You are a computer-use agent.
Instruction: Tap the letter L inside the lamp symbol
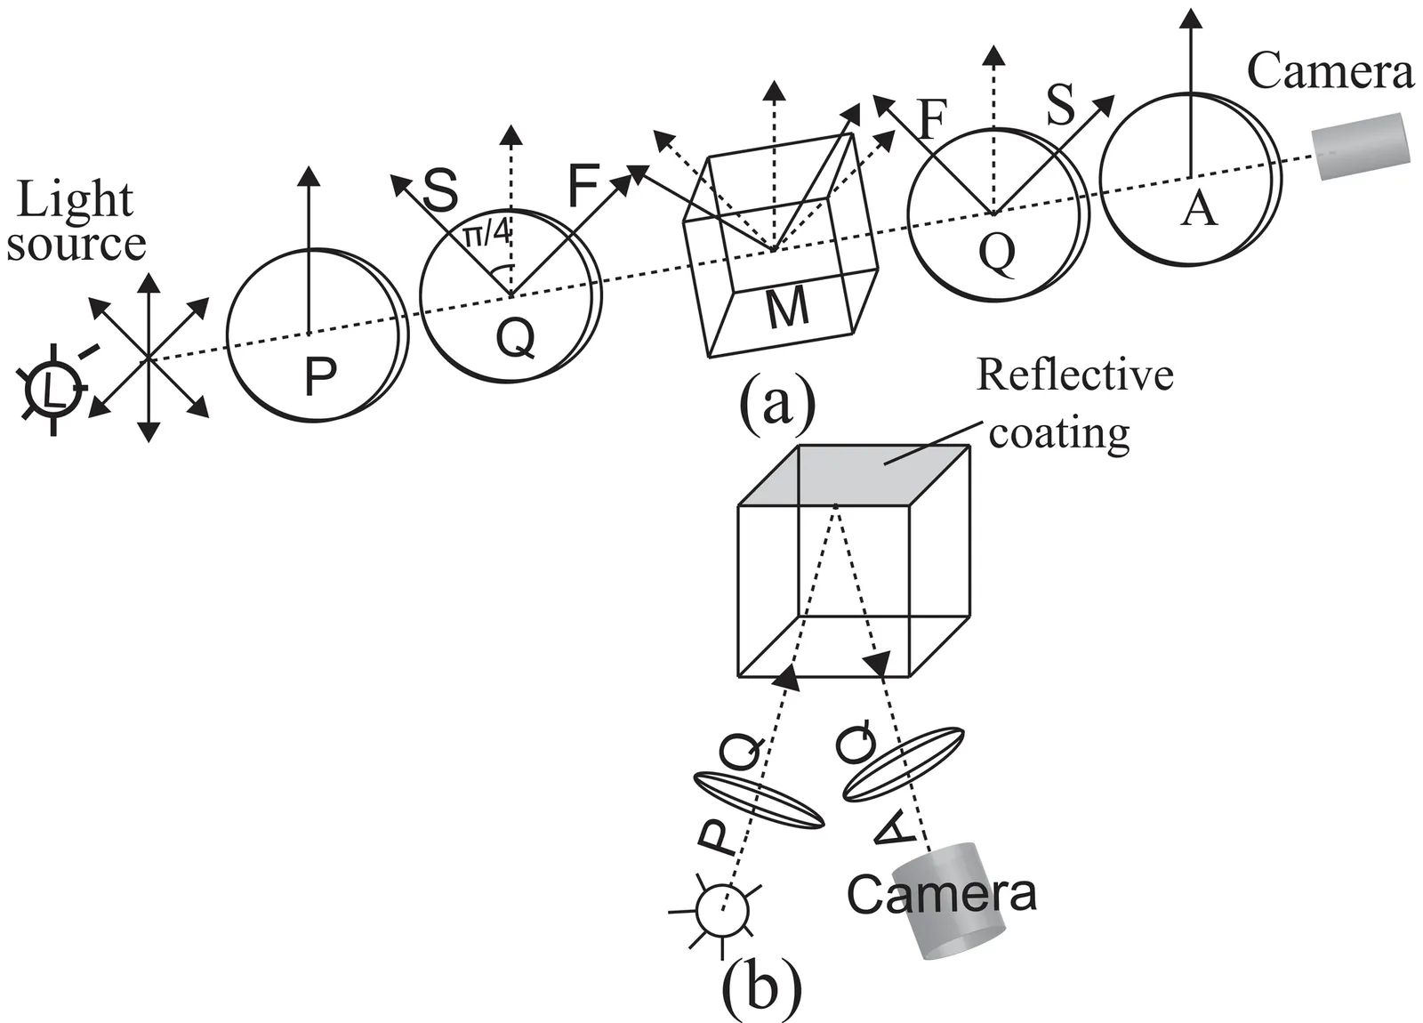(54, 390)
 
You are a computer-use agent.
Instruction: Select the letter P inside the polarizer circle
(320, 377)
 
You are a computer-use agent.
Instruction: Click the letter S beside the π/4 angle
(440, 189)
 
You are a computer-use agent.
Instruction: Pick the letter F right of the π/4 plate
(583, 187)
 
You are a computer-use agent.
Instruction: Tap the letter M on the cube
(787, 308)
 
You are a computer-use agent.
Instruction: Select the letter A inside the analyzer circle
(1198, 210)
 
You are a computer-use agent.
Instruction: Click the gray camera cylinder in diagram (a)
(1362, 146)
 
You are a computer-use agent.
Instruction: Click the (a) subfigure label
(776, 405)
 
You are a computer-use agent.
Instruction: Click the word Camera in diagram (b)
(941, 893)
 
